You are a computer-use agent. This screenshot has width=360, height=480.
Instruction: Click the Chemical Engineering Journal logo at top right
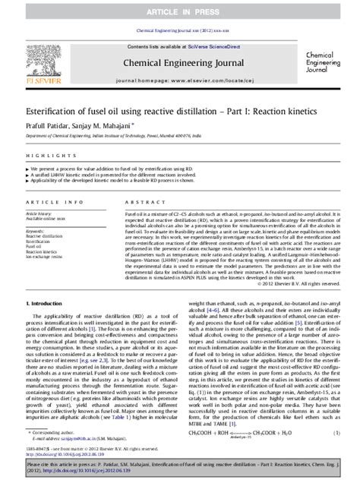pos(327,62)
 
